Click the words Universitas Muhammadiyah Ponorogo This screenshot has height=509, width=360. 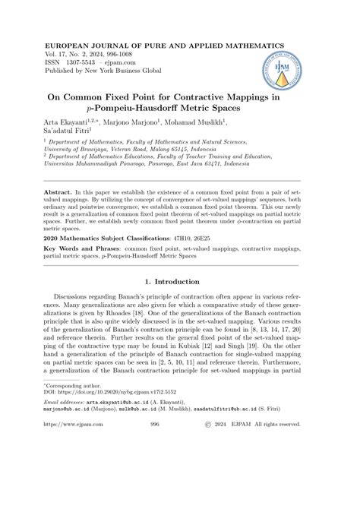coord(100,172)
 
